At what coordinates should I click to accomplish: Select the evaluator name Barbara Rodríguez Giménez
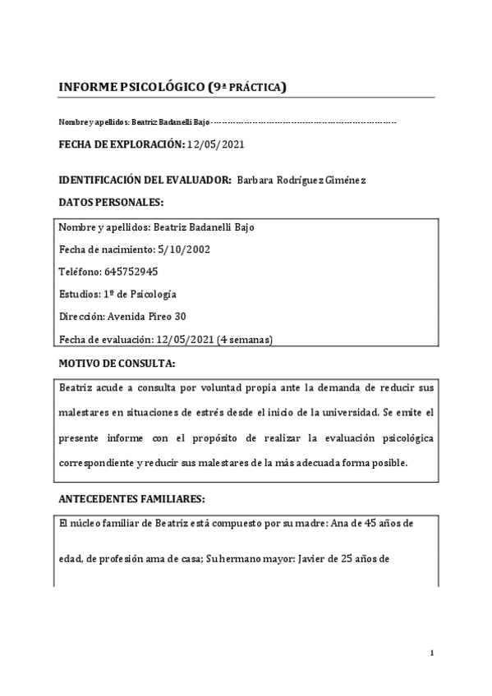(301, 180)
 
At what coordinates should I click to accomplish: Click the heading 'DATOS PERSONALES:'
(111, 202)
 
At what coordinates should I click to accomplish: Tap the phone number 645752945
(131, 272)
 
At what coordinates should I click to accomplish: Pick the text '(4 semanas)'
(245, 339)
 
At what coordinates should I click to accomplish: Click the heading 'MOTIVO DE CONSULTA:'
(117, 362)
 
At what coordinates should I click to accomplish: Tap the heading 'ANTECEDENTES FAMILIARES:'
(131, 498)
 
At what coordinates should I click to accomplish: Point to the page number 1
(431, 652)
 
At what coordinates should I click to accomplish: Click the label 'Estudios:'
(80, 294)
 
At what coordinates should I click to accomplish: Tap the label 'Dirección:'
(82, 316)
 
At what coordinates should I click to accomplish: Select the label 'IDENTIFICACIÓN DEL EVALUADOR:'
(145, 180)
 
